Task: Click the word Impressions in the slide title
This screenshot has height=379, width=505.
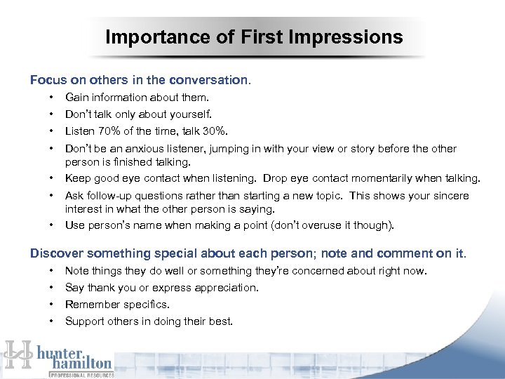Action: (349, 37)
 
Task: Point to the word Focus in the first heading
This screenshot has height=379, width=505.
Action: (45, 80)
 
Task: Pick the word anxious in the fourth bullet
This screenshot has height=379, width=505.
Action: (144, 149)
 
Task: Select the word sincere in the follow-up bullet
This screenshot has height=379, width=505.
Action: (449, 196)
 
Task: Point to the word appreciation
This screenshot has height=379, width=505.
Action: (227, 287)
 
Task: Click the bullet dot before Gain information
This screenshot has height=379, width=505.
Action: (51, 98)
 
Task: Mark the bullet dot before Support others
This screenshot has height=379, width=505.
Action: (51, 321)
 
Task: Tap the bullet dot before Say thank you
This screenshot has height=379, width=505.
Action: (51, 287)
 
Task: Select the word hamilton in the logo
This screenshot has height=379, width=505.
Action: (81, 363)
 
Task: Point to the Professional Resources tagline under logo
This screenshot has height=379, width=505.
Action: (81, 375)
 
